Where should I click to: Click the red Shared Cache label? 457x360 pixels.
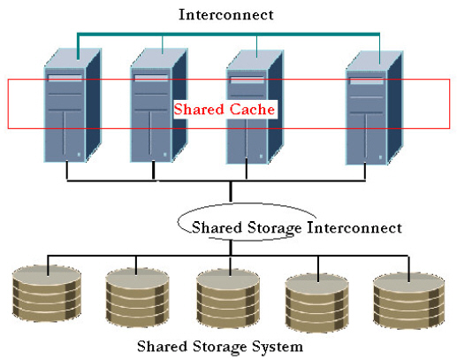pyautogui.click(x=225, y=110)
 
